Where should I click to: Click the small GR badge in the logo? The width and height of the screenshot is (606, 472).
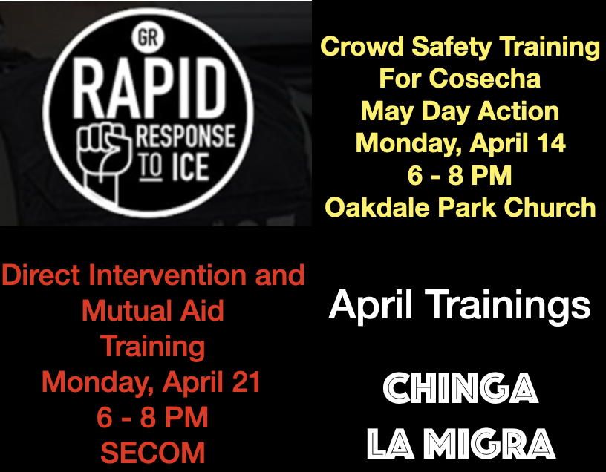(x=148, y=38)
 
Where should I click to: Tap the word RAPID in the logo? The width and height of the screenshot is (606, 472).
(x=149, y=89)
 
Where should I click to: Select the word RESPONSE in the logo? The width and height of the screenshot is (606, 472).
(x=186, y=136)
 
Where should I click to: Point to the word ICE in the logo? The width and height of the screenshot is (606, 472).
(x=191, y=167)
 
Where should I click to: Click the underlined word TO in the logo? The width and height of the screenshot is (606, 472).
(x=149, y=167)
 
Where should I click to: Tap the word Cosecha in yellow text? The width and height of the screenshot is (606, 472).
(x=485, y=79)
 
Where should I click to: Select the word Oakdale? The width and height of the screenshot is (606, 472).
(x=377, y=207)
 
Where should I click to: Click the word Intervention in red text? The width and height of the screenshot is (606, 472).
(x=168, y=275)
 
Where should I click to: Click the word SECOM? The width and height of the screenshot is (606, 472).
(x=153, y=453)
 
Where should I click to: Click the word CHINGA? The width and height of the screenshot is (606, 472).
(x=460, y=388)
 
